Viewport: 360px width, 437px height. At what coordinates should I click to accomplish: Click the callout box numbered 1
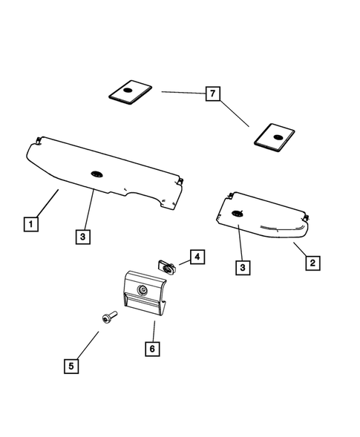tap(30, 223)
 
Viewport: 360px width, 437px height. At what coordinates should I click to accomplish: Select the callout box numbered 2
tap(313, 262)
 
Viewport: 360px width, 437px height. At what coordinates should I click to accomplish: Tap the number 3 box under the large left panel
tap(83, 237)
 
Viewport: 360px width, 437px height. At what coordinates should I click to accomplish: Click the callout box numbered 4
tap(196, 257)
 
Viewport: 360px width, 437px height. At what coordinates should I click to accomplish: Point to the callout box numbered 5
tap(71, 366)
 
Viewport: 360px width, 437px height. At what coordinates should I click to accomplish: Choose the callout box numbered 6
tap(151, 347)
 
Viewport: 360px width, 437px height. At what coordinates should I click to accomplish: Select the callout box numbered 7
tap(214, 93)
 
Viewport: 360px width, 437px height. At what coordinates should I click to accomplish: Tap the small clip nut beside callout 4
tap(166, 265)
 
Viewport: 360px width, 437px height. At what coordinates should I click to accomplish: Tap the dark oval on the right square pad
tap(278, 136)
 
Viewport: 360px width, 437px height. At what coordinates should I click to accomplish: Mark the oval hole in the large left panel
tap(97, 174)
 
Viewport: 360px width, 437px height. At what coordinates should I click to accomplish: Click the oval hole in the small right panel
tap(238, 214)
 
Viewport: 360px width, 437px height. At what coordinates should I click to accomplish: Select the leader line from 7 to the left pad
tap(182, 93)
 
